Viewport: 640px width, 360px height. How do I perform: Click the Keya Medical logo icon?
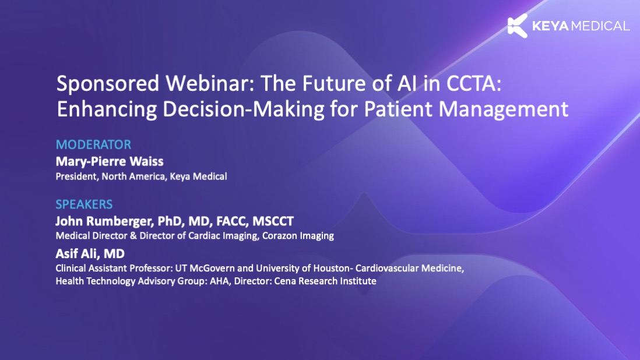(518, 26)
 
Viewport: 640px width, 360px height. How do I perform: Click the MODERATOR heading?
(93, 144)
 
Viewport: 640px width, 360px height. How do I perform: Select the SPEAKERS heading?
(84, 205)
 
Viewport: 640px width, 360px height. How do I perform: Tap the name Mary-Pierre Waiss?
(109, 161)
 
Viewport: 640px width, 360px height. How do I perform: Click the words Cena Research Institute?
(326, 281)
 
